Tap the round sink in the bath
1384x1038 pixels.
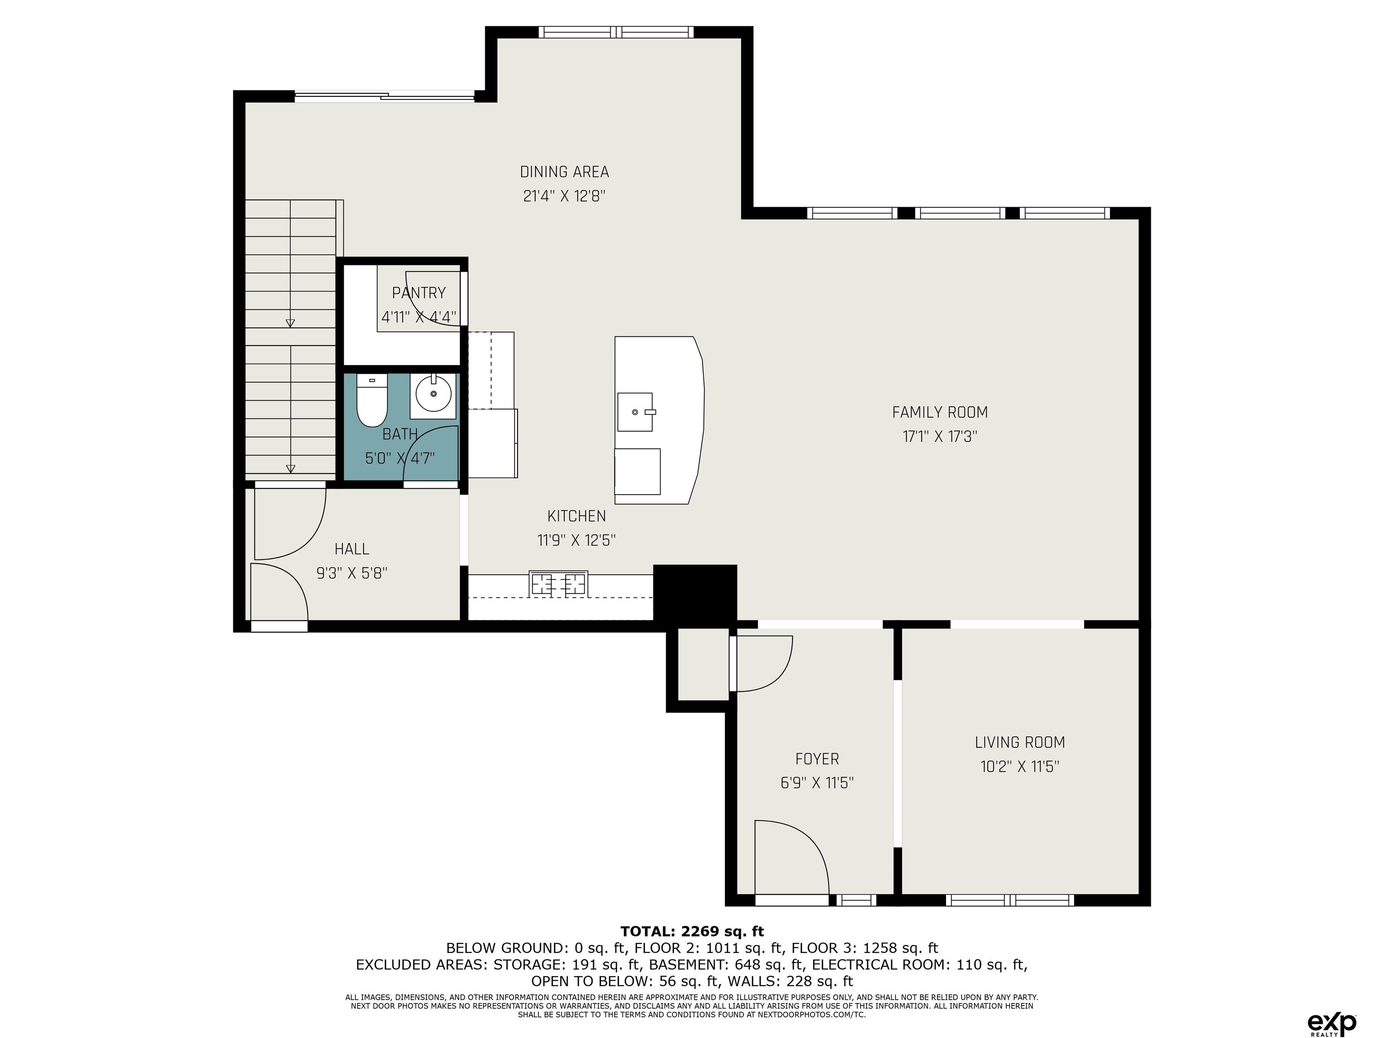(433, 396)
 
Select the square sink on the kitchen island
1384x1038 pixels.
(635, 412)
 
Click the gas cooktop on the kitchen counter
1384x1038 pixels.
(558, 583)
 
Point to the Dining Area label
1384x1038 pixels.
(565, 172)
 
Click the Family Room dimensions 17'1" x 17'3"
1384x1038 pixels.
(940, 436)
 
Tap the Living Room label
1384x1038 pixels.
(1020, 742)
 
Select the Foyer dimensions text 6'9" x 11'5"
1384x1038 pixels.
(817, 783)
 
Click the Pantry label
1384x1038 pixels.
(419, 293)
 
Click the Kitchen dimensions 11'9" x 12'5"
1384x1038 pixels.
(577, 540)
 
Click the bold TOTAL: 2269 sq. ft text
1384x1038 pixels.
(692, 932)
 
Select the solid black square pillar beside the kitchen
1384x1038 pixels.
(695, 592)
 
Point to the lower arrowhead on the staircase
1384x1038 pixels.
(290, 469)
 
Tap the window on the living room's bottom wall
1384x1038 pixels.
(1010, 900)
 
